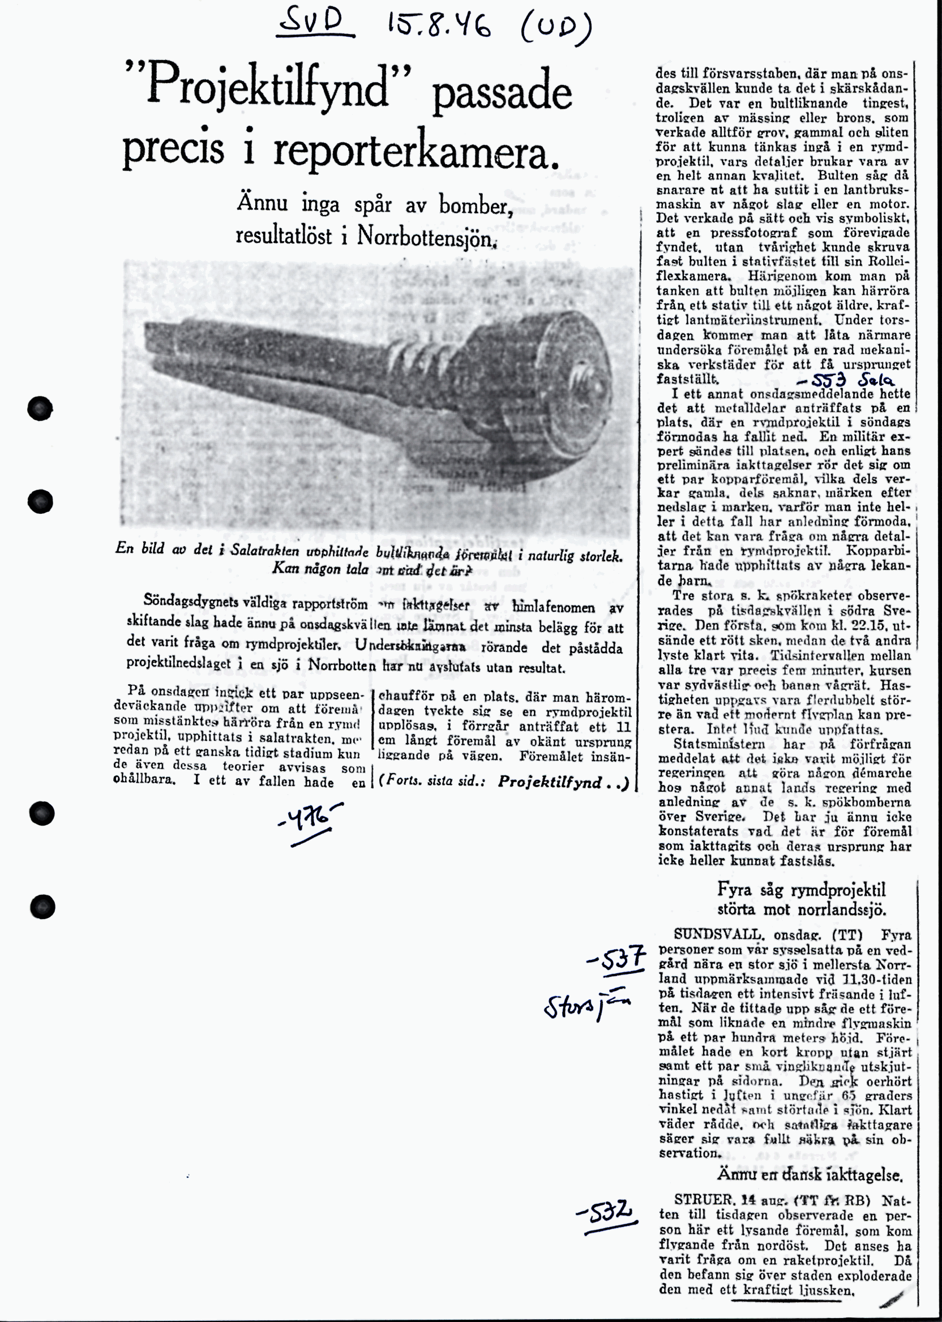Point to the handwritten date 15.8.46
439,27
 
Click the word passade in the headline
502,95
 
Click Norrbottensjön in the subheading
427,236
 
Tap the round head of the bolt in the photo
568,388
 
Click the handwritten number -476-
310,819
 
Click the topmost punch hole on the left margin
40,409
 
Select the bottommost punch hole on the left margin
42,906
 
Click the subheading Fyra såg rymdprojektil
801,890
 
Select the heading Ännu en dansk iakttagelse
810,1175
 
